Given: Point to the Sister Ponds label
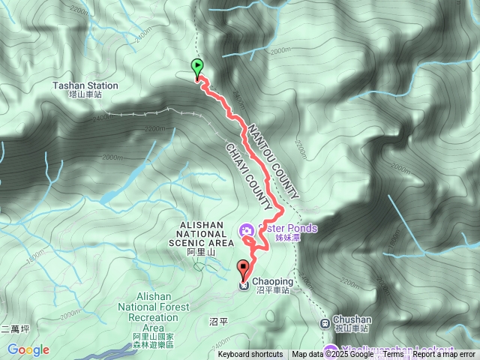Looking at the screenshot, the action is click(286, 232).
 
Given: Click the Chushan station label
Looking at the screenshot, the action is click(352, 322).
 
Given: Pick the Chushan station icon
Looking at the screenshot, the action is click(325, 323).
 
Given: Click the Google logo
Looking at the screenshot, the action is click(28, 349).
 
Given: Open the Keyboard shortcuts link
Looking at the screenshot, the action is click(250, 355).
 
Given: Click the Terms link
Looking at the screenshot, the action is click(394, 355).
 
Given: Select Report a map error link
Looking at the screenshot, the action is click(444, 355).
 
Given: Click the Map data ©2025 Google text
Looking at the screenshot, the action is click(332, 355).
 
